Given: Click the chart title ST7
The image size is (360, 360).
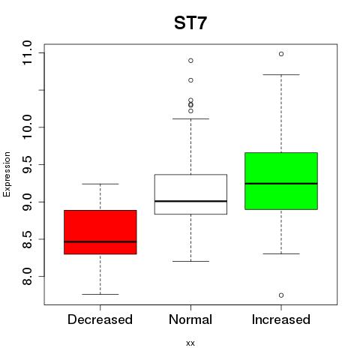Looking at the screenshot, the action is point(190,23).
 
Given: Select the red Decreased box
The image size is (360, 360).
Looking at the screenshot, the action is point(100,232).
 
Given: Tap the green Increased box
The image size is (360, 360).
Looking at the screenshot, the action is point(281,181).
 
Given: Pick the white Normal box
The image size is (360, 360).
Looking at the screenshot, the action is point(190,194).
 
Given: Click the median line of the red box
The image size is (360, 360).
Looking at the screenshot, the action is point(100,241).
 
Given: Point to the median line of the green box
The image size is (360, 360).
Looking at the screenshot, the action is point(281,184).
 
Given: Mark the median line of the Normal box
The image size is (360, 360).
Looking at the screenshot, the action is point(190,201).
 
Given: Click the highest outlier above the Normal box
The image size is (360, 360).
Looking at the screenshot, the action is point(190,61).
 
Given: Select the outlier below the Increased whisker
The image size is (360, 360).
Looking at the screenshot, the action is point(281,295).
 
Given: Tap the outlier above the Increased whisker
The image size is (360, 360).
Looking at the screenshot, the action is point(281,54).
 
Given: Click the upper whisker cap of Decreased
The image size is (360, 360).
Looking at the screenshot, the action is point(100,184).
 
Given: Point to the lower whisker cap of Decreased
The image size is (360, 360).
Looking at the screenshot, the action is point(100,294).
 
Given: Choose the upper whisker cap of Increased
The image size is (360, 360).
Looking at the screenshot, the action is point(281,74).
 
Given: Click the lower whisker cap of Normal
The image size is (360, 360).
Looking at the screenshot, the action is point(190,261).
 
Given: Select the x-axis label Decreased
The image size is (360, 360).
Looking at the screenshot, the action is point(100,319).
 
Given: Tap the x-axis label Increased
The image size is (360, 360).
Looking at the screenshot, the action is point(281,319).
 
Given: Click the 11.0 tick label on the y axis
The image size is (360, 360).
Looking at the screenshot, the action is point(27,53).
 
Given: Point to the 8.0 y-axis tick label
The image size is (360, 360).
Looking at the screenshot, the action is point(27,276).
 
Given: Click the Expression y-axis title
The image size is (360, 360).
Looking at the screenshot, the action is point(7,174).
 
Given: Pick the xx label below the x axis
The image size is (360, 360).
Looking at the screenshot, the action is point(190,343).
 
